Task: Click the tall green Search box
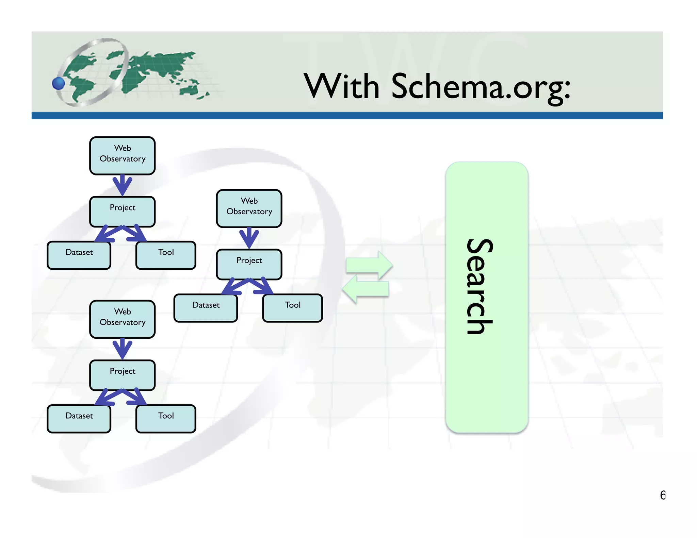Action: (487, 297)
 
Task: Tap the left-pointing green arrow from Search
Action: (366, 289)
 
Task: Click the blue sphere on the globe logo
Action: (59, 83)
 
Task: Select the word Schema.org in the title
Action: (481, 87)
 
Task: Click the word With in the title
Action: (341, 86)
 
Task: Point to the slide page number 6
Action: (662, 495)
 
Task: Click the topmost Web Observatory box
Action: (123, 156)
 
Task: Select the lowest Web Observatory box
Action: (123, 319)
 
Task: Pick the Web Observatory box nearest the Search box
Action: (249, 208)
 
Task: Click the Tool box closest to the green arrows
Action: (293, 308)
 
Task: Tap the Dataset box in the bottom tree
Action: (79, 418)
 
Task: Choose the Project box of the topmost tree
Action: (123, 211)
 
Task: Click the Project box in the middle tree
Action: (249, 264)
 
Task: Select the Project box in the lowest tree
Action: (123, 374)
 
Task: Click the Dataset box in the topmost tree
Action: (79, 255)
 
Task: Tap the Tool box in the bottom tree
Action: (166, 418)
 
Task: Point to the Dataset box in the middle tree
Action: (206, 308)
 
